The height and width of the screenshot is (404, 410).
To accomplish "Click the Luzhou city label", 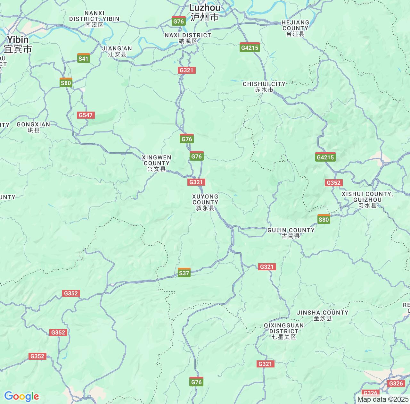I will tap(204, 12).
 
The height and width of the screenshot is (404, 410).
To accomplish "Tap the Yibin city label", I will tap(18, 44).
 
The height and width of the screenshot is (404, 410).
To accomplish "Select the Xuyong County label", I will tap(205, 202).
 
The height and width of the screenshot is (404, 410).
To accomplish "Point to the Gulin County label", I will tap(291, 233).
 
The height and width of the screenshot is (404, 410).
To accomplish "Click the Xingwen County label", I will tap(156, 163).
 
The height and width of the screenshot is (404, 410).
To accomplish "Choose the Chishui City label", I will tap(264, 87).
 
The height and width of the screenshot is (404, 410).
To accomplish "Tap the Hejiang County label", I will tap(295, 28).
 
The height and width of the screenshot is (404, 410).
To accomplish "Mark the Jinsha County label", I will tap(323, 315).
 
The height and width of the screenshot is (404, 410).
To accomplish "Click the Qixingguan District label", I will tap(283, 331).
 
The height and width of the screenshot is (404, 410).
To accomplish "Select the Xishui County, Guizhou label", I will tap(367, 199).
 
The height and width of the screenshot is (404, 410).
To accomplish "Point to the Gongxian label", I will tap(33, 127).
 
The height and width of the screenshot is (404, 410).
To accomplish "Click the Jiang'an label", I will tap(117, 51).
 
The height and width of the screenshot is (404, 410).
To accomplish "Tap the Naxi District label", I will tap(188, 38).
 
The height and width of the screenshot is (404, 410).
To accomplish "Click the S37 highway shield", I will tap(184, 273).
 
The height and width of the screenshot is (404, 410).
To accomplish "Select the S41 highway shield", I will tap(84, 58).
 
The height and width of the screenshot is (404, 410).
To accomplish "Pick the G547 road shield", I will tap(86, 115).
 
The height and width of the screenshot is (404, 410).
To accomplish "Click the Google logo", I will tap(21, 396).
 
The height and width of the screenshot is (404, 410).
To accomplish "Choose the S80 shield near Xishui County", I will tap(324, 219).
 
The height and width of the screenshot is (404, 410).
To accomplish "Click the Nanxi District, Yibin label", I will tap(94, 19).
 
